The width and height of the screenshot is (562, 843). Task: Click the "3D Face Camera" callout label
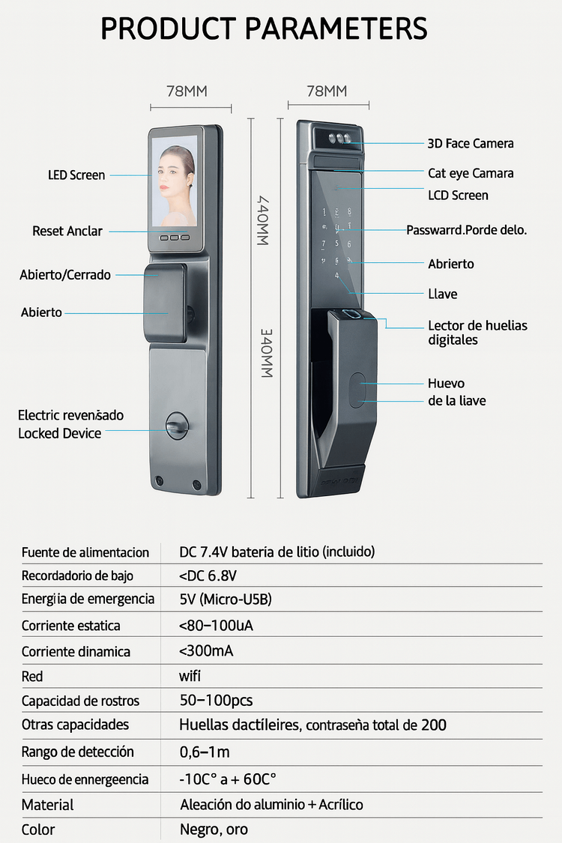[471, 143]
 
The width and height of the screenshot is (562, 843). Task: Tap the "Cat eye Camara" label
[471, 173]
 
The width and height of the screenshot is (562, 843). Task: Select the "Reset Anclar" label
[67, 231]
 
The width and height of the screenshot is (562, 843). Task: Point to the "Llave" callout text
[443, 294]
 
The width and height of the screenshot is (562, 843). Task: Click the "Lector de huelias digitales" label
[477, 333]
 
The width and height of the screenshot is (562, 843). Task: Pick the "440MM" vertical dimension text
[263, 220]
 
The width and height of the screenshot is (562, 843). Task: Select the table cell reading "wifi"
[190, 676]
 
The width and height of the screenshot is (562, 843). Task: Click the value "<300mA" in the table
[206, 650]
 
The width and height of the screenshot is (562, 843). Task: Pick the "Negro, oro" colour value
[214, 830]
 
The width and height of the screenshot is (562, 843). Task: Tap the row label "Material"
[47, 805]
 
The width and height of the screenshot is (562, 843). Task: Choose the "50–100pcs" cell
[216, 701]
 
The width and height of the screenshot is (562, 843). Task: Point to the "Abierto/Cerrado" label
[65, 275]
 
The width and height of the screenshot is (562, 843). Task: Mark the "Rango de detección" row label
[78, 752]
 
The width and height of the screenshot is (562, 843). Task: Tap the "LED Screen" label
[76, 175]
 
